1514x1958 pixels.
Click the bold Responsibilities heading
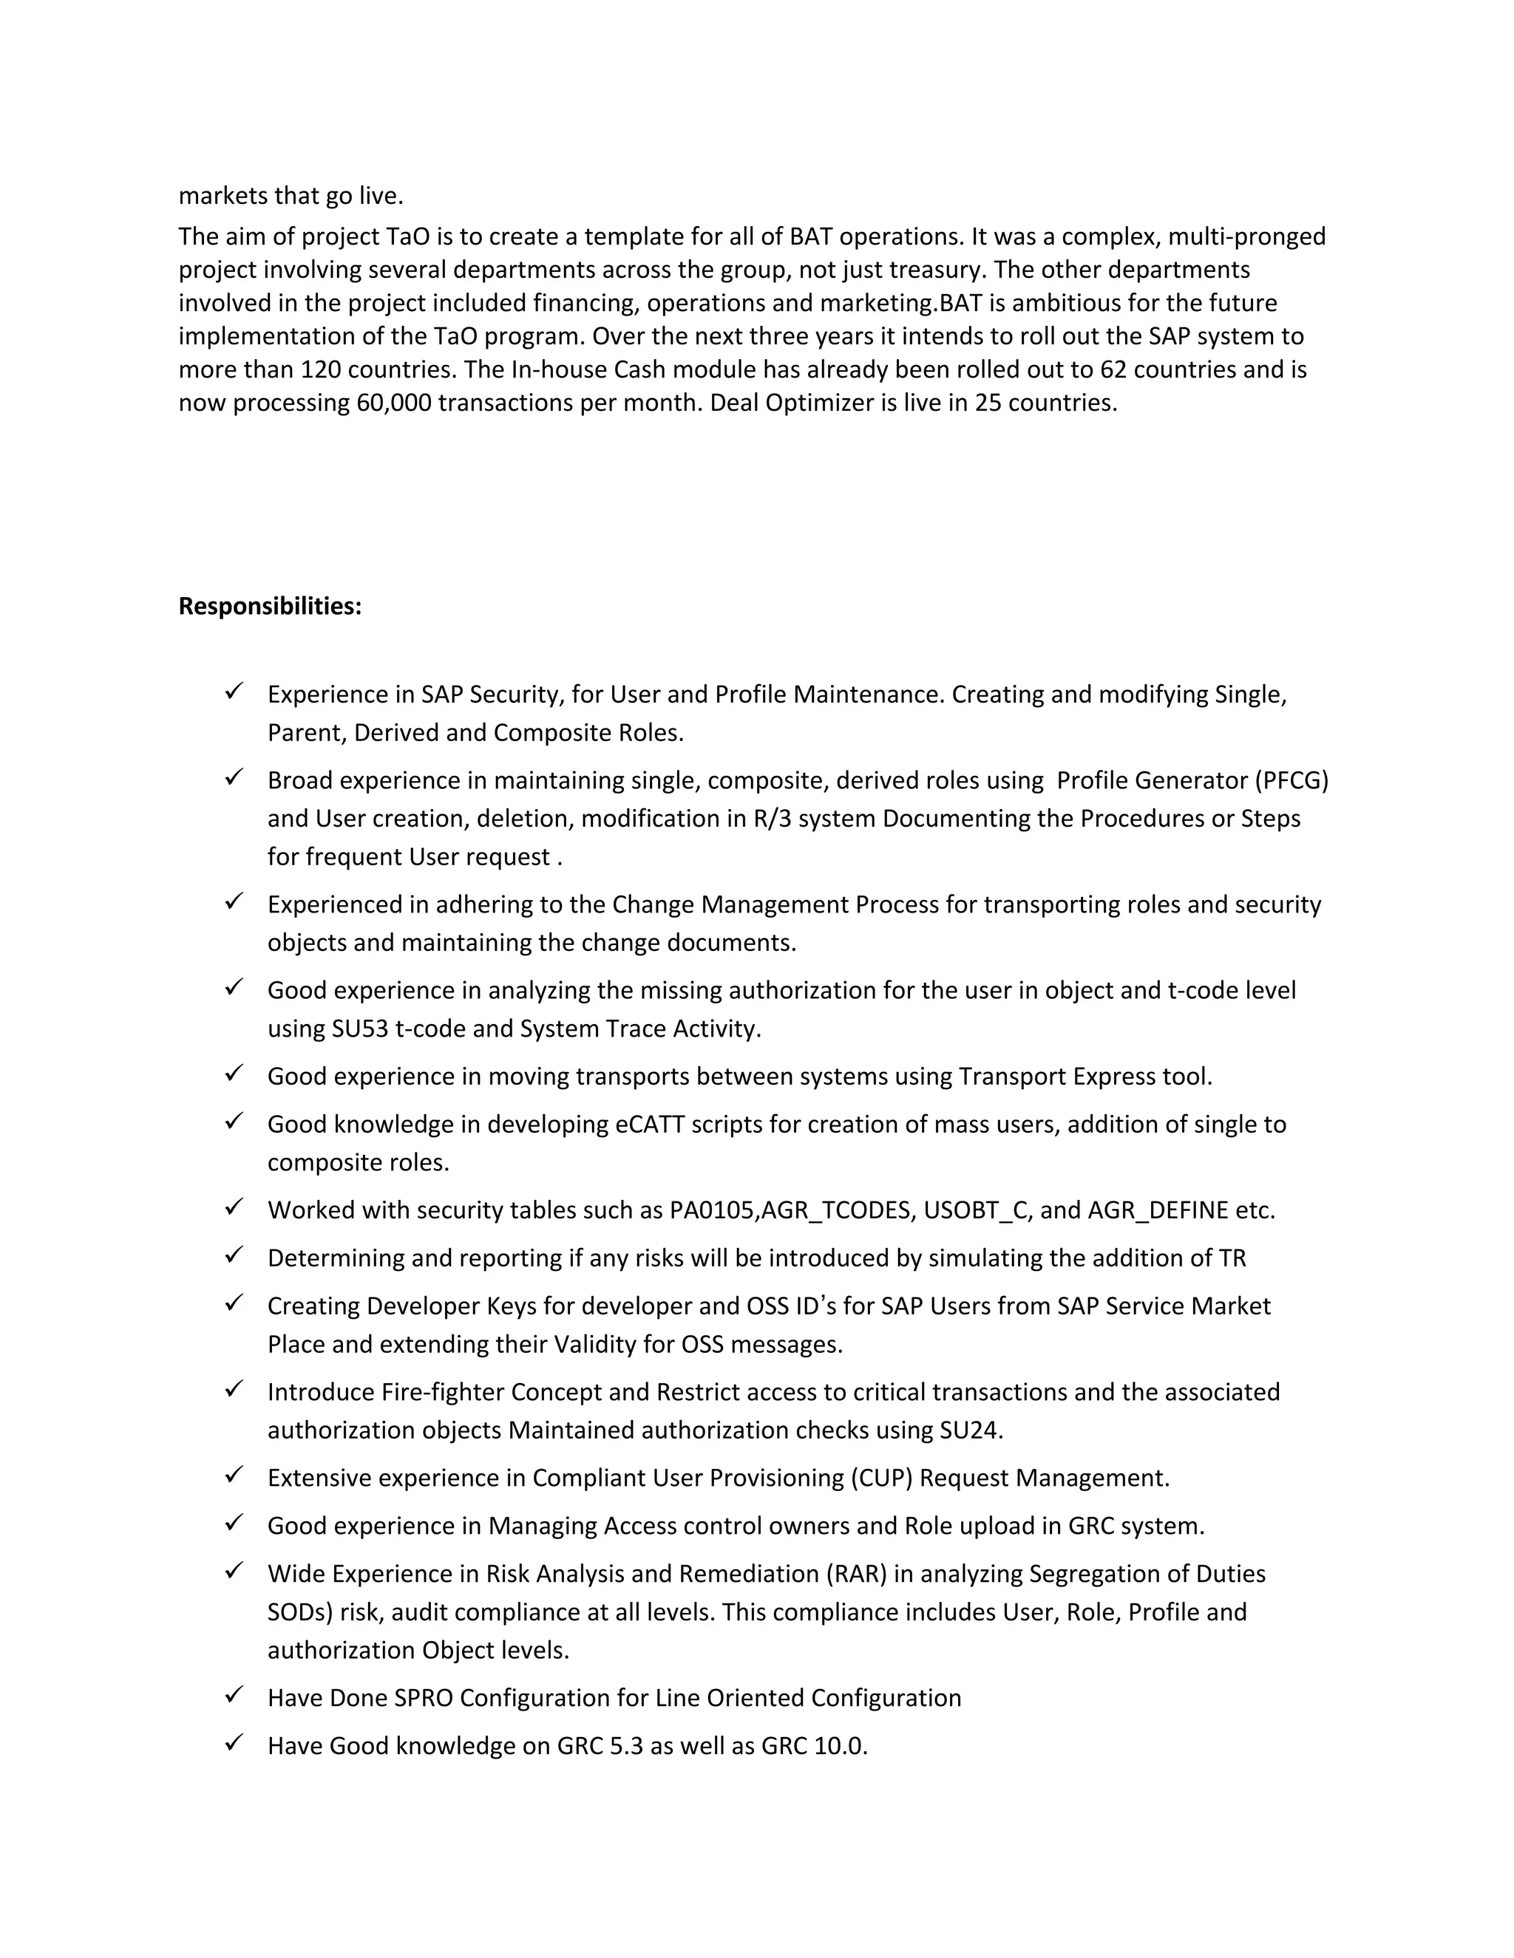point(270,607)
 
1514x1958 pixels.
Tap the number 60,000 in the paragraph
point(393,403)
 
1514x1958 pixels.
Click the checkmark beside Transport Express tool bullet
point(234,1073)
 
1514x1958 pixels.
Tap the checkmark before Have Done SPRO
point(234,1694)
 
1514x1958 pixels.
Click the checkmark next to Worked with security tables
point(234,1207)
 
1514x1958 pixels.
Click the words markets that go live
point(291,196)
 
